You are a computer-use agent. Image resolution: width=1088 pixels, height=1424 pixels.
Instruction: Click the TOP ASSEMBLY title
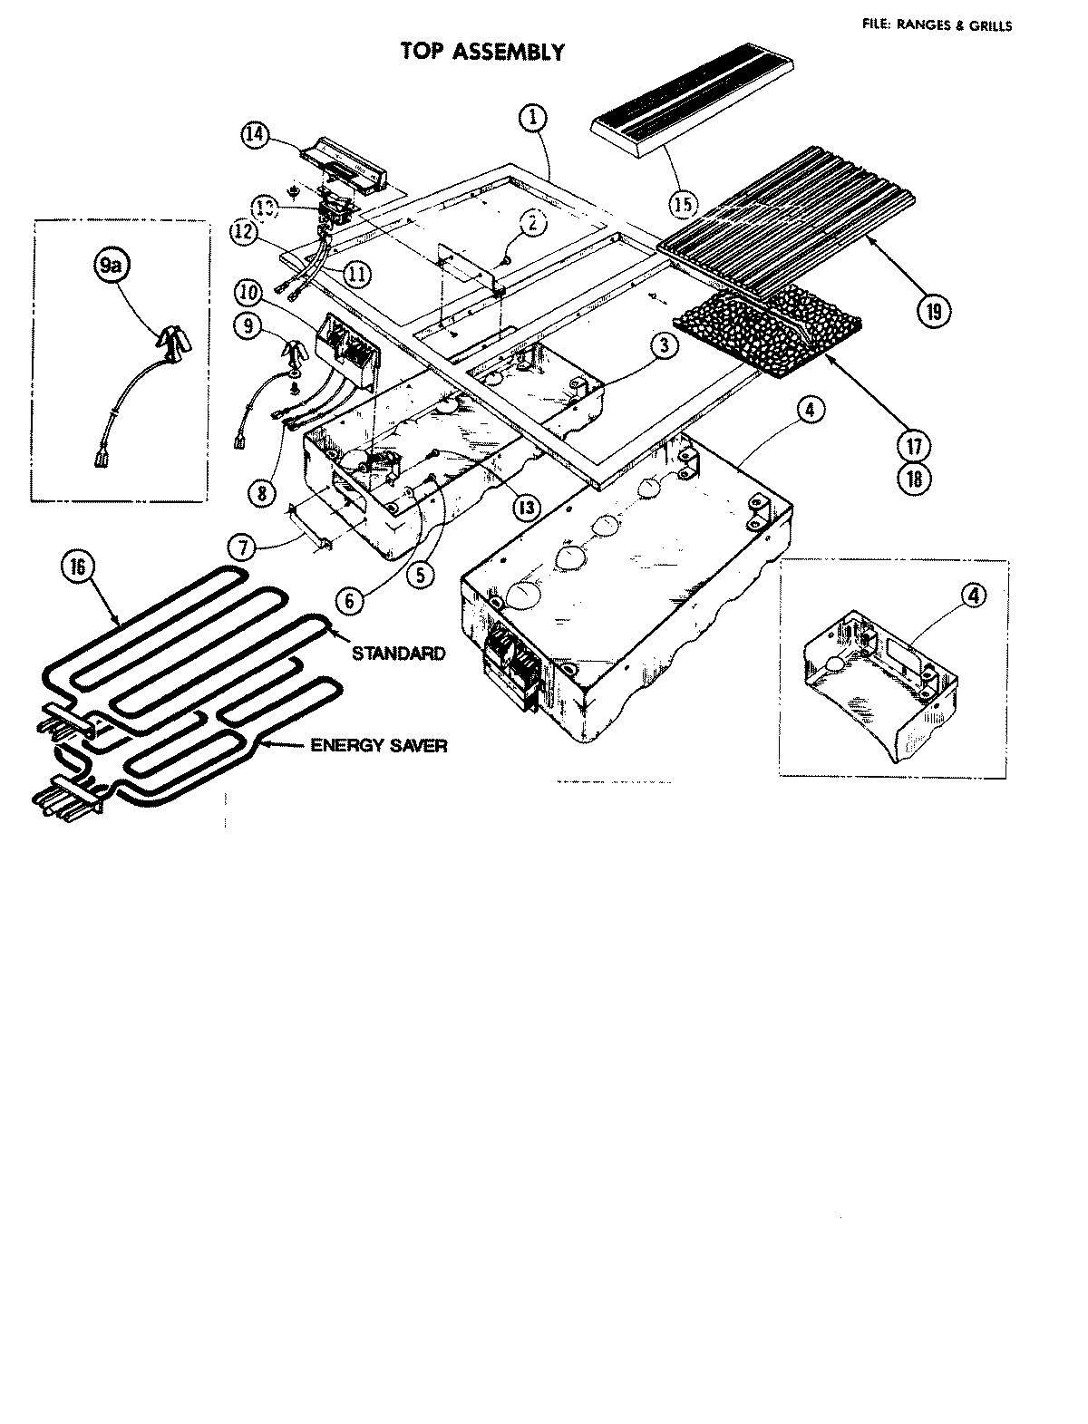(x=482, y=52)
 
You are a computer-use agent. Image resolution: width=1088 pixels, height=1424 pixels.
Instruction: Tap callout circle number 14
(x=257, y=134)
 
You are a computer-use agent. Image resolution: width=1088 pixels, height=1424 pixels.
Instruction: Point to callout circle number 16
(x=76, y=567)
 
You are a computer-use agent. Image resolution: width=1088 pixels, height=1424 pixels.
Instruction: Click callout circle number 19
(x=933, y=311)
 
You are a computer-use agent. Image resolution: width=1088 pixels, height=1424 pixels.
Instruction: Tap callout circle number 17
(x=914, y=446)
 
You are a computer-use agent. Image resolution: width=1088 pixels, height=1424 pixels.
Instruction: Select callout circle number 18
(x=914, y=478)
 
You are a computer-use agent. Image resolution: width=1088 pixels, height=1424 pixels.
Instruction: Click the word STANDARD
(x=398, y=653)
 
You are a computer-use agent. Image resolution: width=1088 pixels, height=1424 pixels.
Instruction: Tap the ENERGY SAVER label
(x=378, y=745)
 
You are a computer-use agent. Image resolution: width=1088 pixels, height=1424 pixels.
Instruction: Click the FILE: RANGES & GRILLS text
(x=937, y=26)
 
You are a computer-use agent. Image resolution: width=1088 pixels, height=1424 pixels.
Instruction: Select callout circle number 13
(x=523, y=508)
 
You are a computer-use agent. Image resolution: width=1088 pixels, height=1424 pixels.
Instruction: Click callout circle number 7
(x=242, y=547)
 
